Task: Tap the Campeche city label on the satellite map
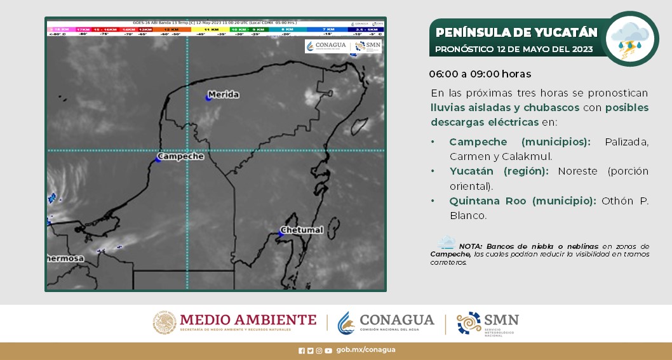pos(180,156)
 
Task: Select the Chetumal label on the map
pos(303,229)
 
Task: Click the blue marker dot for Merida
pos(208,97)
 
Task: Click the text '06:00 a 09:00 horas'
pos(480,74)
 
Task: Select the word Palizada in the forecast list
pos(626,142)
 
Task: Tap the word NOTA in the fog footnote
pos(470,246)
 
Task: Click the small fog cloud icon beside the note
pos(446,243)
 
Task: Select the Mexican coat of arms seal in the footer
pos(165,323)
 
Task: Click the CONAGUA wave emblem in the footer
pos(346,323)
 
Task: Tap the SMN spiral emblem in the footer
pos(469,323)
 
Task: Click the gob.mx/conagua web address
pos(366,350)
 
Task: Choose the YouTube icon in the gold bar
pos(328,350)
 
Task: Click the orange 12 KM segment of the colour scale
pos(170,29)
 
